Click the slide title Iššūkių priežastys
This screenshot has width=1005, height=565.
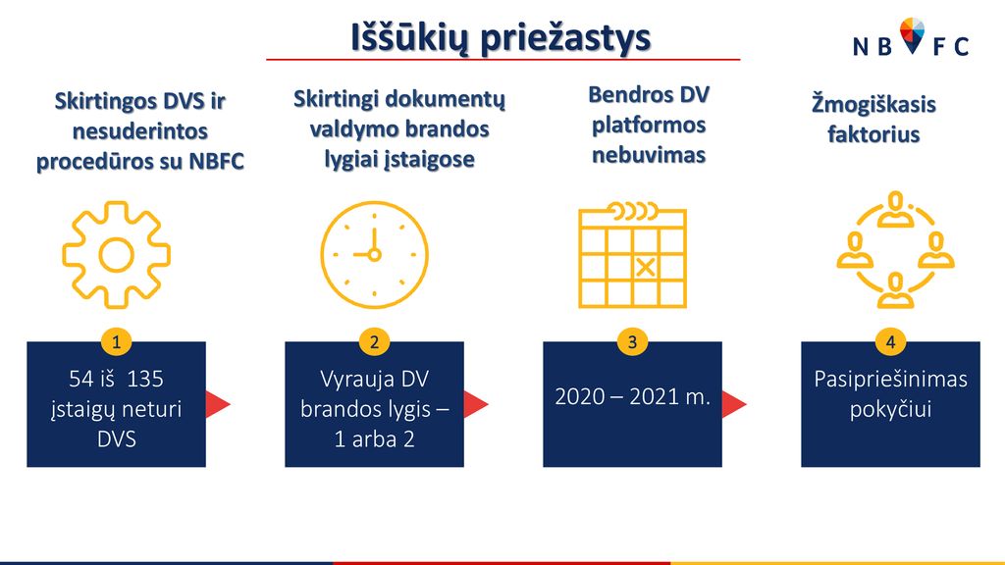[502, 37]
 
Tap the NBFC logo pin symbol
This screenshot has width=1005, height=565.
[912, 35]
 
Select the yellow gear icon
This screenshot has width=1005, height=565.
[116, 255]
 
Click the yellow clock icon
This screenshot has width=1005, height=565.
[374, 255]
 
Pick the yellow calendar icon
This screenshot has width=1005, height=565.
[633, 255]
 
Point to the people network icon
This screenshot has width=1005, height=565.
[895, 250]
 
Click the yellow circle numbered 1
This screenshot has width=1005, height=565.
[116, 341]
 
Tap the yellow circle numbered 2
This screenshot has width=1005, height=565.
[374, 341]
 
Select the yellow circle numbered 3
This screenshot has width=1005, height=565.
[633, 341]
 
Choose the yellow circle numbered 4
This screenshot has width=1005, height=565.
[890, 341]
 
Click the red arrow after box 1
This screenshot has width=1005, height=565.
[217, 404]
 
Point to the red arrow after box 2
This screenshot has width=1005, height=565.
[476, 404]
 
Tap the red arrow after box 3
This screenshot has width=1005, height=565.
[734, 404]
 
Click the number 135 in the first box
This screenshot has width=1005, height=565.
[145, 379]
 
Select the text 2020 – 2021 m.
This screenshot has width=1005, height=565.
[633, 397]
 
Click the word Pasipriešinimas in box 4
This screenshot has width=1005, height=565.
[890, 380]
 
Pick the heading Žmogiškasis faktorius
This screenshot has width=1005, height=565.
[873, 119]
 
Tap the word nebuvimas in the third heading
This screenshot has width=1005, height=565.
[649, 155]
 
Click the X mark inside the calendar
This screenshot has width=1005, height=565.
[646, 267]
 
